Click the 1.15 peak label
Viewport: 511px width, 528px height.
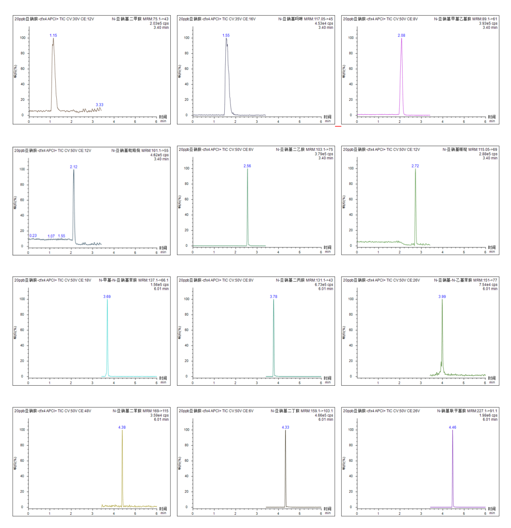[x=53, y=35]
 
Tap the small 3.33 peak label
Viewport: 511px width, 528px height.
[x=99, y=104]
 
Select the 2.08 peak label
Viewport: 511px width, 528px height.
[x=402, y=35]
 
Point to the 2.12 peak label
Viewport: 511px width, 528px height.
[x=73, y=166]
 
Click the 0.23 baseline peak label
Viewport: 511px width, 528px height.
[x=33, y=235]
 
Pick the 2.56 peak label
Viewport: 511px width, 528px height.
[x=247, y=166]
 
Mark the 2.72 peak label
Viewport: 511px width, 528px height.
[x=415, y=166]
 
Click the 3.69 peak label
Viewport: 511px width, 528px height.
[x=107, y=296]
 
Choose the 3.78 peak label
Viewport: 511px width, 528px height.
[x=273, y=296]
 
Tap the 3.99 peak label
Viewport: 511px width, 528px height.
[x=442, y=296]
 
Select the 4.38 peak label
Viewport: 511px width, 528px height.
[x=122, y=427]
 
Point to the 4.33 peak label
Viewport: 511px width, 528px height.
[x=285, y=427]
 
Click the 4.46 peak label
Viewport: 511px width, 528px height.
[x=452, y=427]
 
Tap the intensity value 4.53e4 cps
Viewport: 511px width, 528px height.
[x=323, y=23]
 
